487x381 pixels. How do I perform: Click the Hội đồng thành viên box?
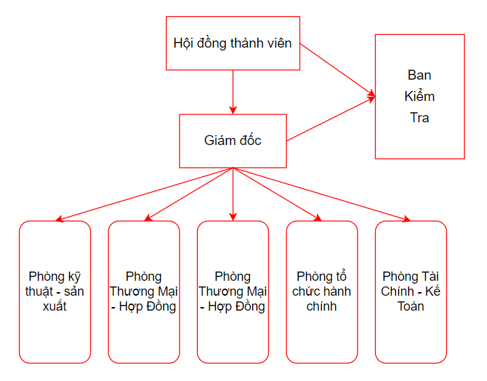coord(233,43)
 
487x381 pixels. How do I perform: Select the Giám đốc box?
coord(233,141)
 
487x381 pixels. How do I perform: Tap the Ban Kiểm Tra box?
coord(419,96)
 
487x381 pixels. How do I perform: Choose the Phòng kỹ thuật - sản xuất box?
coord(55,291)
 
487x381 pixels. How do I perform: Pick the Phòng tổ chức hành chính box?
coord(322,291)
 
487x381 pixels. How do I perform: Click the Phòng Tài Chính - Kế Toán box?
coord(411,291)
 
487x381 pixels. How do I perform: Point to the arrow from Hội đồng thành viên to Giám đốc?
coord(233,92)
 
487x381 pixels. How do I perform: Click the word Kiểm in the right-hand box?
coord(419,97)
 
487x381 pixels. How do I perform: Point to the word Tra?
coord(419,118)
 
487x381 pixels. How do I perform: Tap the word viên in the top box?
coord(277,43)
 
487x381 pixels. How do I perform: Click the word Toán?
coord(411,306)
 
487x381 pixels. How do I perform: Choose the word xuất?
coord(55,306)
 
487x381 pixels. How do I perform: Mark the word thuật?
coord(43,291)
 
